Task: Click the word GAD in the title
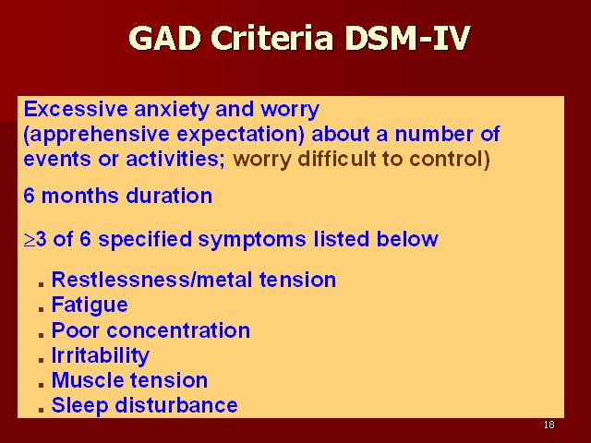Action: click(x=164, y=38)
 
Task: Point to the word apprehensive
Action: click(x=96, y=135)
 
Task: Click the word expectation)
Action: click(x=240, y=135)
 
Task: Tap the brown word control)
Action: click(x=450, y=159)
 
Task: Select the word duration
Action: click(x=169, y=196)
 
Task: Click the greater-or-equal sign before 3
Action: click(x=29, y=240)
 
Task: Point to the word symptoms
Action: click(x=252, y=240)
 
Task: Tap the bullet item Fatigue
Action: click(x=90, y=305)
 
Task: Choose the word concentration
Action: click(x=178, y=330)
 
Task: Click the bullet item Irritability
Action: click(x=101, y=355)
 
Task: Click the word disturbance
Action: click(x=176, y=405)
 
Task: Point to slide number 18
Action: click(x=549, y=425)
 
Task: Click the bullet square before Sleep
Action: click(x=41, y=410)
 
